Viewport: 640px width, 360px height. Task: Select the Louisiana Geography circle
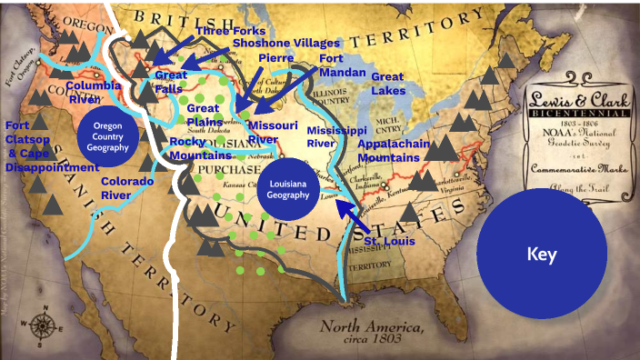pos(287,190)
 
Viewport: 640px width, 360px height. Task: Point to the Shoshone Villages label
pos(285,43)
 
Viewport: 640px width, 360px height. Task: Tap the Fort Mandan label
pos(344,65)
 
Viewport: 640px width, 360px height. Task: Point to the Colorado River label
pos(126,188)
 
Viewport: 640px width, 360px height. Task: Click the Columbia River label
pos(93,92)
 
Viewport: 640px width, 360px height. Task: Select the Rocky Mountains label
pos(199,148)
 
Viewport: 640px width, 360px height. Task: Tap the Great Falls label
pos(171,82)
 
